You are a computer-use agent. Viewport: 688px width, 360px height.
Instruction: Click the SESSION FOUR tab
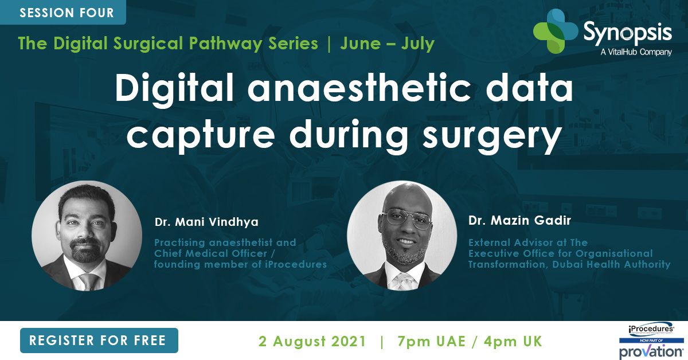67,12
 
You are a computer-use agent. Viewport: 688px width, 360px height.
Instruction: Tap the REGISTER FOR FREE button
98,341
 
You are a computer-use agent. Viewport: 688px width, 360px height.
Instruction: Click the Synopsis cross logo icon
555,32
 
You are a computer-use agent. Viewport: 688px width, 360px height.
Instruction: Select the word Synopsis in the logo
627,33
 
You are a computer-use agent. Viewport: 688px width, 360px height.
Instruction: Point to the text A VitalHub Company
636,52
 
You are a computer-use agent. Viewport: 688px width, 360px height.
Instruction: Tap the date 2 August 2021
312,341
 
